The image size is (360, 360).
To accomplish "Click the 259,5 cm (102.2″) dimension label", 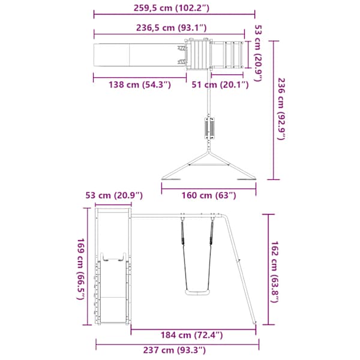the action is click(x=172, y=8).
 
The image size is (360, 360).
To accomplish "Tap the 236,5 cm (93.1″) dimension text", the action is click(x=172, y=28).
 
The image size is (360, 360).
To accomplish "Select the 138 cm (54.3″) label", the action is click(x=140, y=85).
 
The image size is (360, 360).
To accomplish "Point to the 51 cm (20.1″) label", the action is click(x=220, y=85).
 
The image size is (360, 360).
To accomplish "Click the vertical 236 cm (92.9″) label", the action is click(x=281, y=109).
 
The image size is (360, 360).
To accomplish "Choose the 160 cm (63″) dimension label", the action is click(x=209, y=196).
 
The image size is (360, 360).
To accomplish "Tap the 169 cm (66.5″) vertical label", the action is click(x=81, y=269).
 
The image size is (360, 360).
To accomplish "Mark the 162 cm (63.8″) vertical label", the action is click(x=275, y=272).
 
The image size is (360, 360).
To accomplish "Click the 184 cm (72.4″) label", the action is click(x=191, y=335).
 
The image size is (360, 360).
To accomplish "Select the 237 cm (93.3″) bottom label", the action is click(x=175, y=350).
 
